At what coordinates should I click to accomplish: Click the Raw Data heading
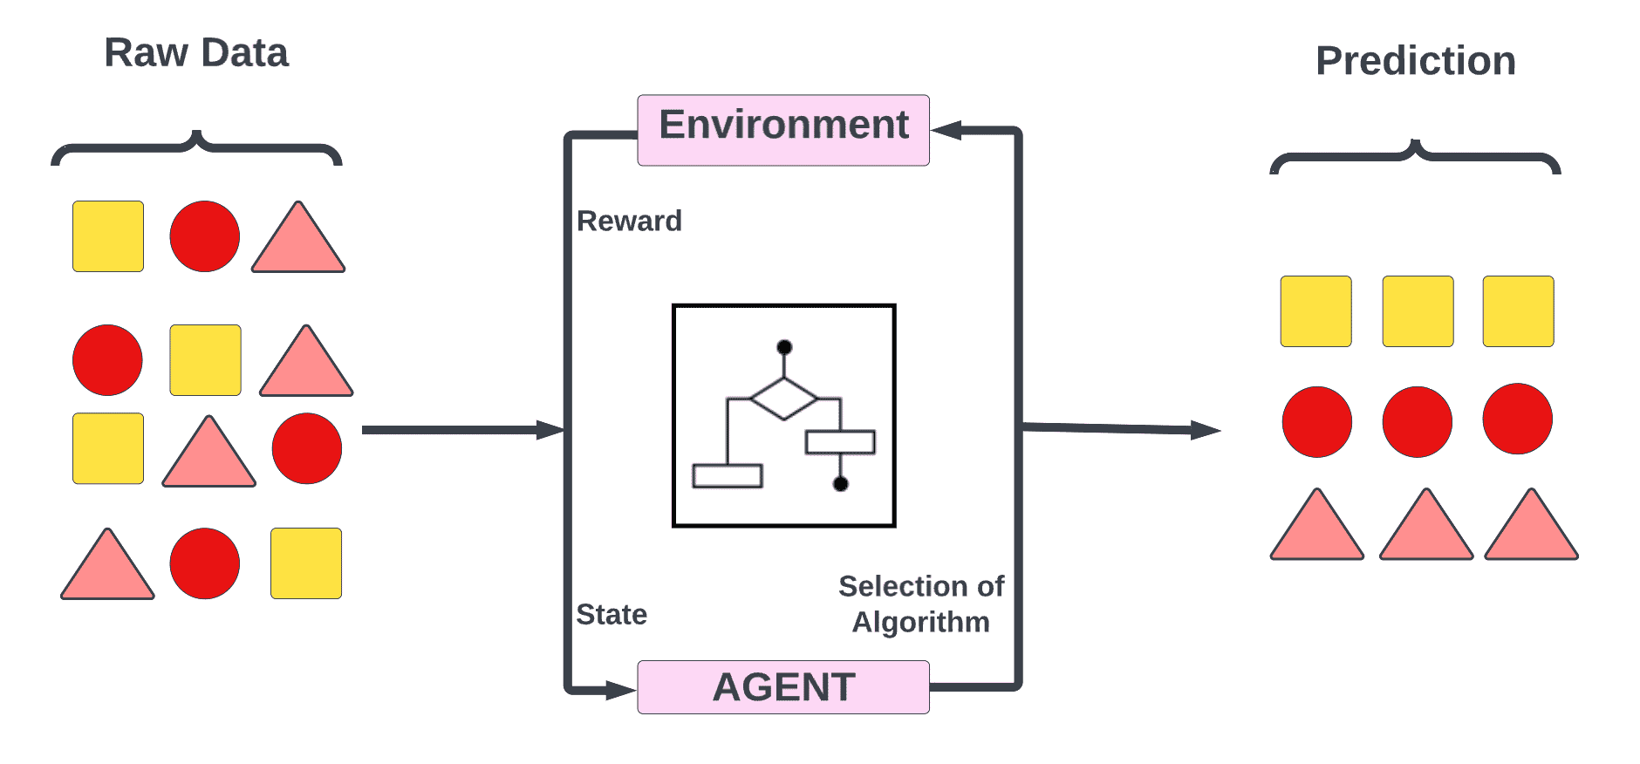point(195,52)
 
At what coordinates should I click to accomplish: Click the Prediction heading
point(1415,61)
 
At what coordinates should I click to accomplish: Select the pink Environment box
point(782,130)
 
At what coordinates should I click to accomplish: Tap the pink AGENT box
point(782,687)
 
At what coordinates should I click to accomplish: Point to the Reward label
point(629,222)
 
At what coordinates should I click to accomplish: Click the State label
point(612,615)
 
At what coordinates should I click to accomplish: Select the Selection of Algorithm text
point(921,604)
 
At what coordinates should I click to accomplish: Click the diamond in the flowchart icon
point(783,399)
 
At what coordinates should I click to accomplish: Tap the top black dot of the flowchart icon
point(784,347)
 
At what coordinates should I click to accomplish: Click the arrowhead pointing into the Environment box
point(946,131)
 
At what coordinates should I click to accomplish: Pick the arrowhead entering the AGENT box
point(621,691)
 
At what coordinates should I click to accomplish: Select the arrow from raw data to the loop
point(462,430)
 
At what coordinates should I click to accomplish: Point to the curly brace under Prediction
point(1414,156)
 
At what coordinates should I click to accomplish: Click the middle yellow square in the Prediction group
point(1418,311)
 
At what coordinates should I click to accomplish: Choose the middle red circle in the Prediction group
point(1417,422)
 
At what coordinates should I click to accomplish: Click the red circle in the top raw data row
point(204,236)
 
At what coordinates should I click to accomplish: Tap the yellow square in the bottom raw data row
point(305,563)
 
